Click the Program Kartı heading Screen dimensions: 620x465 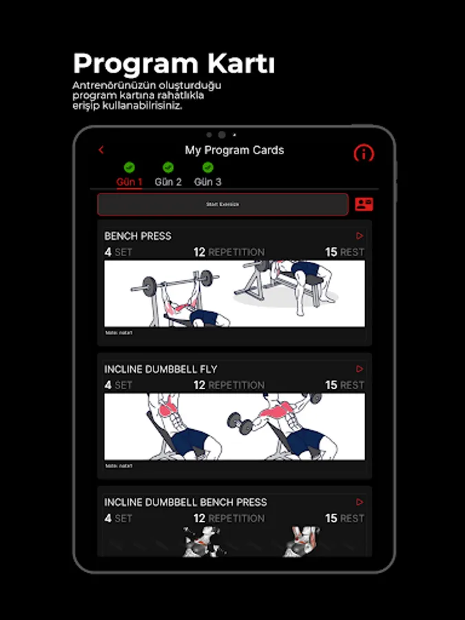(x=174, y=63)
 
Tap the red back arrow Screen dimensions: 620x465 (x=101, y=149)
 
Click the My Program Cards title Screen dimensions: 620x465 (x=234, y=150)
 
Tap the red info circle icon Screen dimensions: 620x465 (x=364, y=153)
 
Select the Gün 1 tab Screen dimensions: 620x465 (x=129, y=182)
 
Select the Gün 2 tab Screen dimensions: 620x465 (x=168, y=182)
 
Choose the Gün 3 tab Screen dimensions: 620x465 (x=207, y=182)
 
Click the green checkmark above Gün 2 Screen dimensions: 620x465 (x=168, y=167)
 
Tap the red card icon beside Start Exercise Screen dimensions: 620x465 (x=364, y=204)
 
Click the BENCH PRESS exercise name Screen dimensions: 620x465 (x=138, y=236)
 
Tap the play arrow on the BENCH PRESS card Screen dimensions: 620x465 (x=360, y=236)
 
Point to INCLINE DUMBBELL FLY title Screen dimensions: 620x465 (x=161, y=369)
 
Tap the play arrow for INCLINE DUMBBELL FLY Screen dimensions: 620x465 (x=360, y=369)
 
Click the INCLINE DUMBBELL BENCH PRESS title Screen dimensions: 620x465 (x=185, y=502)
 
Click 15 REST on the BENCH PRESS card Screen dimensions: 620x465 (x=344, y=252)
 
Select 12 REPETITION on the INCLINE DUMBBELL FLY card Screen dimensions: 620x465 (x=229, y=385)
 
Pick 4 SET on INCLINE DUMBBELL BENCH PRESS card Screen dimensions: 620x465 (x=118, y=518)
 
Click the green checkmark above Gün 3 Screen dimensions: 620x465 (x=207, y=167)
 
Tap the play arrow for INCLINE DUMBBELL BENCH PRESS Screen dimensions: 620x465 (x=360, y=502)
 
